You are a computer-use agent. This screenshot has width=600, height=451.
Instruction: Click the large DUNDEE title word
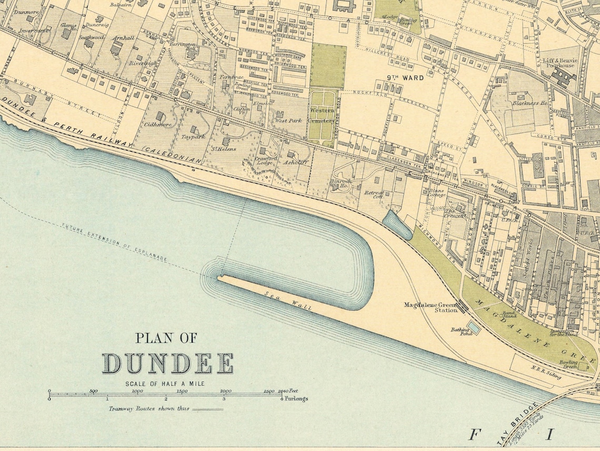[167, 364]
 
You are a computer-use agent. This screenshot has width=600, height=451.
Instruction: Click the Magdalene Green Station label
[431, 307]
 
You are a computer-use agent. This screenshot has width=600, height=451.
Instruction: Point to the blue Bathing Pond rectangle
[474, 328]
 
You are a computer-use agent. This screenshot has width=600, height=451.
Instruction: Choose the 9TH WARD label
[405, 78]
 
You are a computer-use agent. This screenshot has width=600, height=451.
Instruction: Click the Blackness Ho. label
[530, 103]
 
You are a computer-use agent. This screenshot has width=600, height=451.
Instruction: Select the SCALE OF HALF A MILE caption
[165, 384]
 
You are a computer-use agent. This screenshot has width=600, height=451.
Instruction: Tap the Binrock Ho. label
[341, 183]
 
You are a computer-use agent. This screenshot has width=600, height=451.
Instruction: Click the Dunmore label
[28, 11]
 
